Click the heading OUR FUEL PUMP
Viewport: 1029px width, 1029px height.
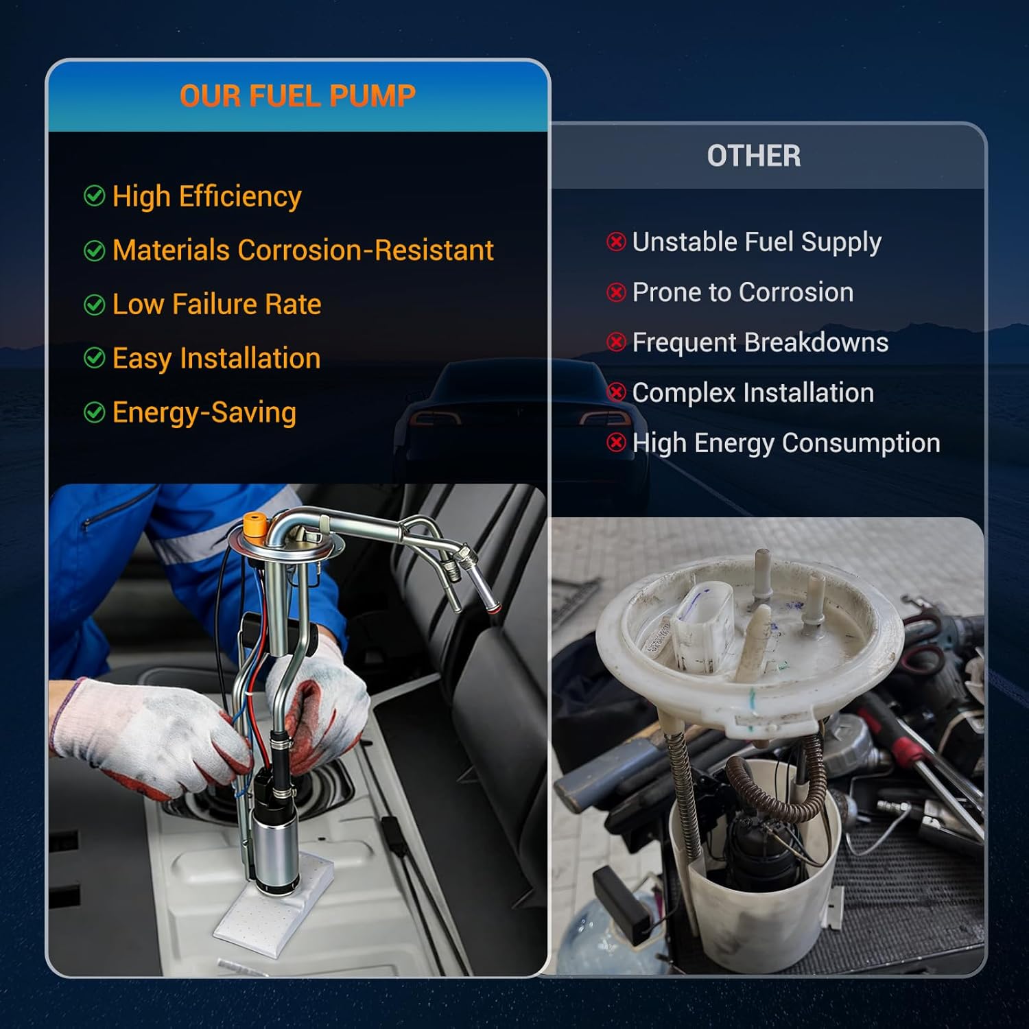tap(297, 96)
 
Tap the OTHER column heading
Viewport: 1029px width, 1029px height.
tap(753, 156)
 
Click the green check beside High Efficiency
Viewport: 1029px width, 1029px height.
tap(94, 196)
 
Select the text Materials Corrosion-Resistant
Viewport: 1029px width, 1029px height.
tap(303, 250)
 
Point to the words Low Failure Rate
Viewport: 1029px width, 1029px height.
tap(216, 305)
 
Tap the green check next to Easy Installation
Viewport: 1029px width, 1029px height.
tap(94, 358)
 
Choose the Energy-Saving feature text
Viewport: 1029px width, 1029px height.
tap(204, 413)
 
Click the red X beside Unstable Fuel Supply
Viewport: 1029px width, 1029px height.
tap(616, 241)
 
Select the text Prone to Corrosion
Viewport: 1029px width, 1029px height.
tap(742, 292)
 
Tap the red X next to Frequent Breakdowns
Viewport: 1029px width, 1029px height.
tap(616, 342)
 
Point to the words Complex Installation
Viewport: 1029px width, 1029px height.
tap(753, 393)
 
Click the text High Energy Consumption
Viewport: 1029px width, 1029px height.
tap(785, 443)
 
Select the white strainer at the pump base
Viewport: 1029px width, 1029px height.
tap(274, 906)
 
